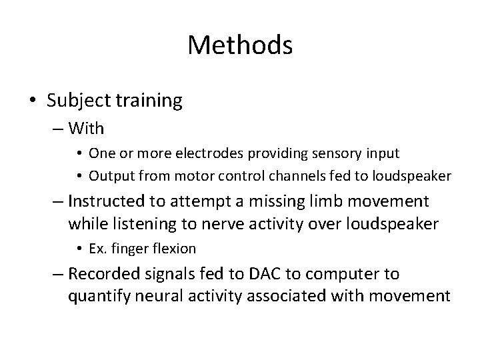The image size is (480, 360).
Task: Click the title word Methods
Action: click(x=240, y=45)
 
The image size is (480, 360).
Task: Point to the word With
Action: click(x=86, y=127)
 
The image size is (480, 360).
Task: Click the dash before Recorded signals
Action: click(x=57, y=274)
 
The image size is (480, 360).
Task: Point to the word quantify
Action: click(x=96, y=296)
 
